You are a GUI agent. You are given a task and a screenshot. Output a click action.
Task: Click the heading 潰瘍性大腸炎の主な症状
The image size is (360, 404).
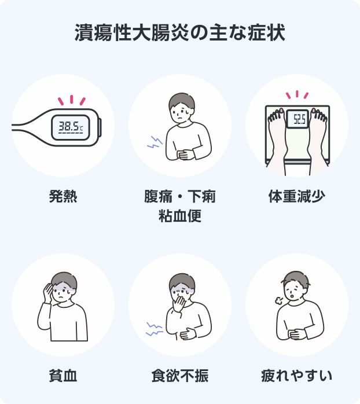tap(180, 33)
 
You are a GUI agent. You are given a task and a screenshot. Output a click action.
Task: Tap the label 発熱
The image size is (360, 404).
tap(63, 196)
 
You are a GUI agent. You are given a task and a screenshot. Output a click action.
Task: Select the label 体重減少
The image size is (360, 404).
tap(297, 196)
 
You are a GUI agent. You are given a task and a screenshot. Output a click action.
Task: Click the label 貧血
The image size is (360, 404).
tap(63, 376)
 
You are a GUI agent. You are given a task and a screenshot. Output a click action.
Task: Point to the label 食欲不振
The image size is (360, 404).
tap(180, 376)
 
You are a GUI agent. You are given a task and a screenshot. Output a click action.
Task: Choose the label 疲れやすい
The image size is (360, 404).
tap(297, 376)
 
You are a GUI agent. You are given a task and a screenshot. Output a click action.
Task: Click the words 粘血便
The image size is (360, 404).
tap(180, 216)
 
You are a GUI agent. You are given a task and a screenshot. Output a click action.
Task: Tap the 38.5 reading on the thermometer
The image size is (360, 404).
tap(69, 127)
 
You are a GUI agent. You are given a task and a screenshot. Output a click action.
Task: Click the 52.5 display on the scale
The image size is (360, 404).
tap(300, 119)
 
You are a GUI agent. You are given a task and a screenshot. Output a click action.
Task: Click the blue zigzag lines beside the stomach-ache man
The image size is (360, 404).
tap(155, 142)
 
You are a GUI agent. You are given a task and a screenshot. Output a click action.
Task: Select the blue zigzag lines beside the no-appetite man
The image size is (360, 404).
tap(154, 329)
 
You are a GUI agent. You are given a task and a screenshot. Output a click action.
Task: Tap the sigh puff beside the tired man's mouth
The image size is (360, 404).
tap(279, 300)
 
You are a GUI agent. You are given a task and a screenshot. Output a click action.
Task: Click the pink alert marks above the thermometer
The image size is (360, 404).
tap(72, 100)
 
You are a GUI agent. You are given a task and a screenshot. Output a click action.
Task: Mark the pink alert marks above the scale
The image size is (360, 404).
tap(297, 94)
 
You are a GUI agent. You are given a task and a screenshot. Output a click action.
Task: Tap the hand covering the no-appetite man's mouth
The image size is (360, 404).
tap(179, 304)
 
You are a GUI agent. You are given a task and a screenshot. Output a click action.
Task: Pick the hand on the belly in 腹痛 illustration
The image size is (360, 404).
tap(185, 155)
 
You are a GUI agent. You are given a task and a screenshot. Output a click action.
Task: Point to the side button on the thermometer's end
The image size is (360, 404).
tap(100, 127)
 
